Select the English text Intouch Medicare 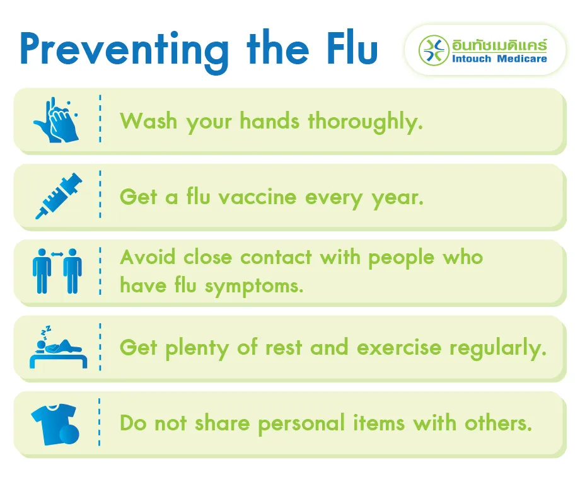pos(499,59)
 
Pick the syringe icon pos(58,196)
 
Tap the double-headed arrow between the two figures pos(57,254)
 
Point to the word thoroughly pos(365,120)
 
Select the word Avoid pos(148,257)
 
